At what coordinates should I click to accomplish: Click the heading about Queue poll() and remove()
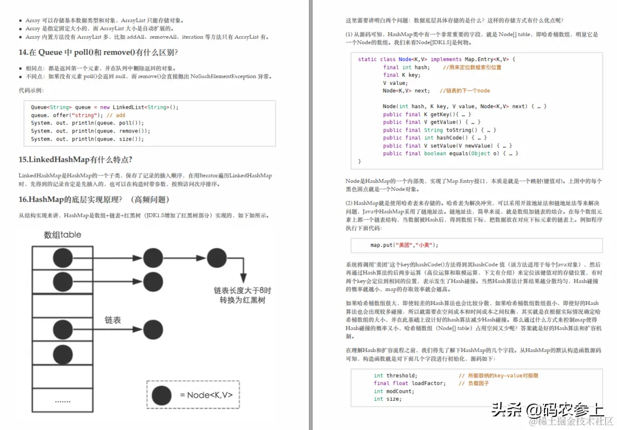click(98, 52)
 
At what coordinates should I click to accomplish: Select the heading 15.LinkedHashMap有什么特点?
click(75, 160)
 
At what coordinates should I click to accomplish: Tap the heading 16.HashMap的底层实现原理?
click(94, 199)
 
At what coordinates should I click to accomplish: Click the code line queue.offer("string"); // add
click(78, 115)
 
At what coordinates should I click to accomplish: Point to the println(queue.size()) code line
click(87, 139)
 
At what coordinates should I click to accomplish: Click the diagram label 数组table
click(62, 234)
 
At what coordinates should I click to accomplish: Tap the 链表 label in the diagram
click(113, 320)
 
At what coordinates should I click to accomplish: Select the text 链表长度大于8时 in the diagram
click(242, 291)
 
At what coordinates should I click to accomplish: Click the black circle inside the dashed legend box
click(162, 395)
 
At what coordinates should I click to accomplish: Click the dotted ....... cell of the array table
click(62, 401)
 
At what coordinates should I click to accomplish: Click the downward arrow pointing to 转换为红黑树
click(243, 270)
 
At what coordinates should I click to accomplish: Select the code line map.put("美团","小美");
click(404, 245)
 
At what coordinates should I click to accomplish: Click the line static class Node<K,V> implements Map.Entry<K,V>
click(436, 59)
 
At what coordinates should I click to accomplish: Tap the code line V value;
click(395, 83)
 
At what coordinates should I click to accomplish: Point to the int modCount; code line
click(394, 391)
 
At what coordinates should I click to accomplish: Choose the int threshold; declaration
click(395, 375)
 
